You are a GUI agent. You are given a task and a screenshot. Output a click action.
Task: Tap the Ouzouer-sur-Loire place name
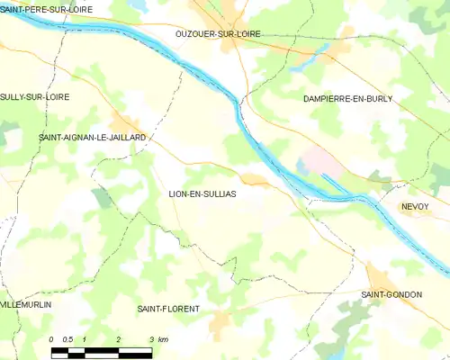pos(218,33)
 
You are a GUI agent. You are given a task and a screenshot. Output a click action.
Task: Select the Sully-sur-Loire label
pos(35,96)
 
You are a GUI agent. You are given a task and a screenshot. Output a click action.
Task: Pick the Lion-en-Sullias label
pos(202,193)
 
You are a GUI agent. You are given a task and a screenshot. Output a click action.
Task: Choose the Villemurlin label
pos(26,305)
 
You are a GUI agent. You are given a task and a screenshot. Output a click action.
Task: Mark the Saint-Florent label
pos(167,309)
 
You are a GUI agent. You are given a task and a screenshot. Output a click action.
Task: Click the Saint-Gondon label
pos(391,294)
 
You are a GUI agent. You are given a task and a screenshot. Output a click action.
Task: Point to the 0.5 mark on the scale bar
pos(67,339)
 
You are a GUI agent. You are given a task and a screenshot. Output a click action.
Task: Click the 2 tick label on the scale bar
pos(118,339)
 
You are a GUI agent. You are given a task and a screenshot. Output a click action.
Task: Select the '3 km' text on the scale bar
pos(157,339)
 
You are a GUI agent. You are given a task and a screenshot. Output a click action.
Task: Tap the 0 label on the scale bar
pos(52,339)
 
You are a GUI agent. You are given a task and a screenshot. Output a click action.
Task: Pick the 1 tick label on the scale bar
pos(85,339)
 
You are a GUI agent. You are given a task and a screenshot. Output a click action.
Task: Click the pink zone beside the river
pos(317,162)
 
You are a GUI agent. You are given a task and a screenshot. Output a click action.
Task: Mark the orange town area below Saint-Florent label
pos(220,321)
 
